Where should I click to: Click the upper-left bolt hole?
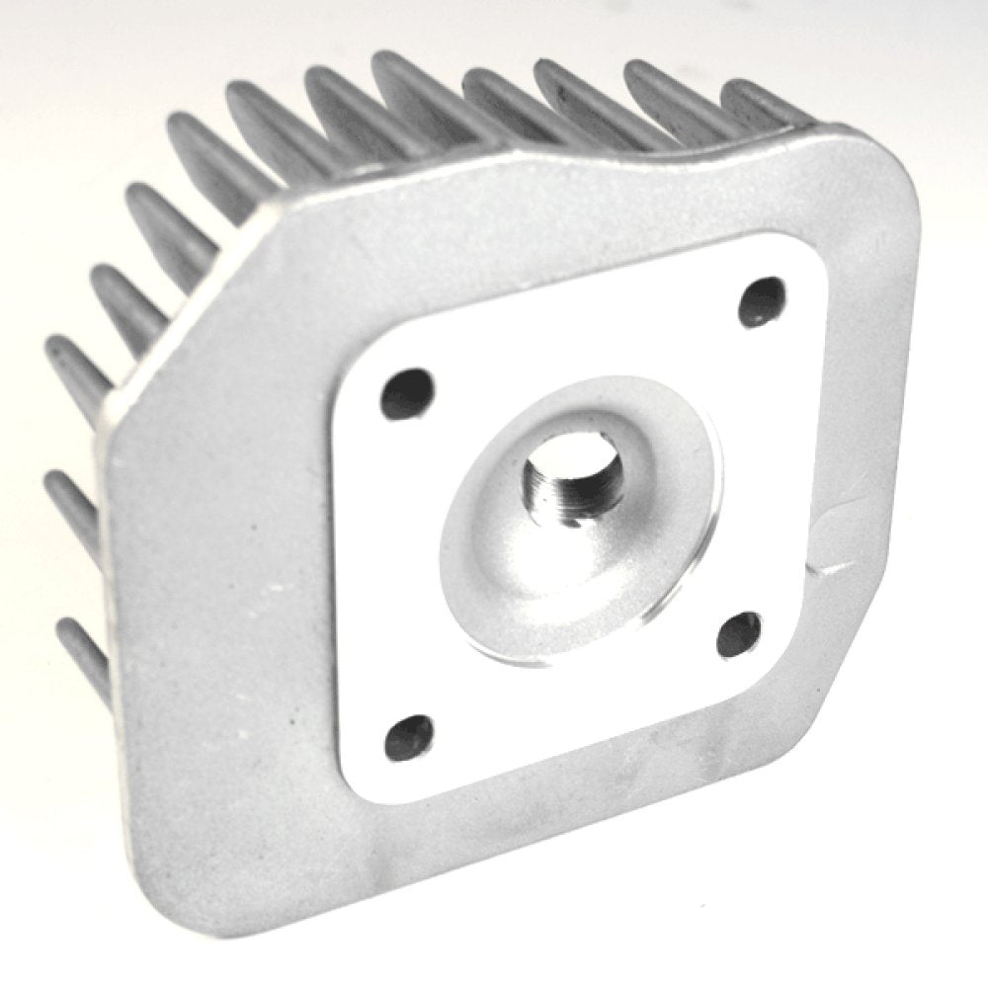[408, 392]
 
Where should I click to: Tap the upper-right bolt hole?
[763, 301]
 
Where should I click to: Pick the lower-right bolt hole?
[739, 633]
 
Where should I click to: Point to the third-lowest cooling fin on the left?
[74, 370]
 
